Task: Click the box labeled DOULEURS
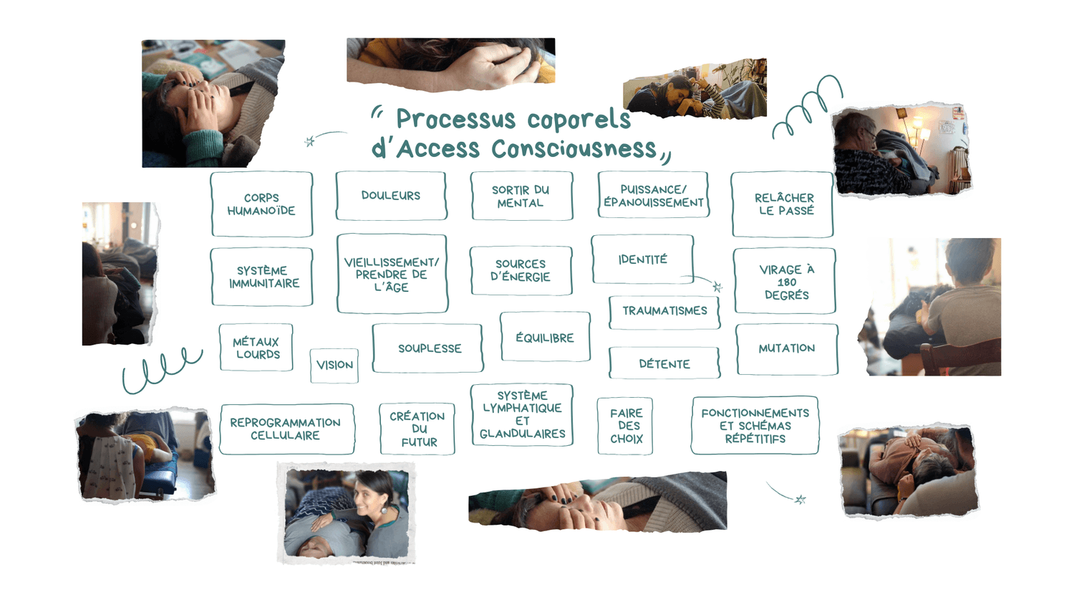(391, 196)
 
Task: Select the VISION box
(334, 366)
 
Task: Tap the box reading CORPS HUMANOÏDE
(261, 204)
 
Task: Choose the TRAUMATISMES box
(664, 311)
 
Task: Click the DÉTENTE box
(664, 364)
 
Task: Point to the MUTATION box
(786, 349)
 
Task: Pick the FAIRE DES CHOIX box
(626, 426)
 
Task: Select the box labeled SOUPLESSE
(429, 348)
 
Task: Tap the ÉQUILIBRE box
(545, 338)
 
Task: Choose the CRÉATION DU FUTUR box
(417, 429)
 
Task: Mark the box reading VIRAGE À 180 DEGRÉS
(785, 282)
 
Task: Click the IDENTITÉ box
(642, 259)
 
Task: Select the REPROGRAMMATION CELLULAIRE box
(286, 429)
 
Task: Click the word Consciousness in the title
(574, 149)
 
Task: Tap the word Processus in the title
(455, 119)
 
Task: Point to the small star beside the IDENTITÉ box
(717, 287)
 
